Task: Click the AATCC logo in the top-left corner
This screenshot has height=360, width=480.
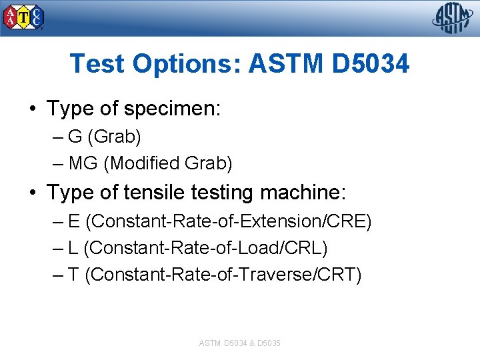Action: click(24, 18)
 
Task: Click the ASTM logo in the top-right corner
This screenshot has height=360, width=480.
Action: click(453, 18)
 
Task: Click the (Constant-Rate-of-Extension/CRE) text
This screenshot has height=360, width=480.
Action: click(229, 221)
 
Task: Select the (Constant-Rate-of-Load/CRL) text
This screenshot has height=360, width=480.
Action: click(206, 247)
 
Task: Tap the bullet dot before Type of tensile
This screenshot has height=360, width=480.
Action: click(33, 193)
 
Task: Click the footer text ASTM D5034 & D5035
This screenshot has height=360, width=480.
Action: click(239, 343)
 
